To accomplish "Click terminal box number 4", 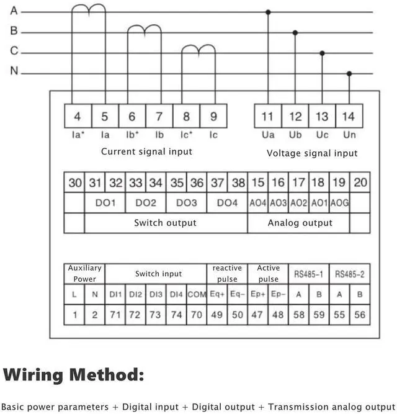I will (78, 116).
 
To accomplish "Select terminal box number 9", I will (213, 116).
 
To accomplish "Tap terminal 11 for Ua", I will (268, 116).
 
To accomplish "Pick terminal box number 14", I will (349, 116).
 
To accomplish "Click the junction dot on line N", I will (349, 73).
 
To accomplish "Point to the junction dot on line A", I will (268, 12).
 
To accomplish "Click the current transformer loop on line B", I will (144, 29).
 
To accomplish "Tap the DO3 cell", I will (187, 203).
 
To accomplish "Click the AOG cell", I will (339, 203).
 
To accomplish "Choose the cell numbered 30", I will (75, 182).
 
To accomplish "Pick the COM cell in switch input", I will (197, 294).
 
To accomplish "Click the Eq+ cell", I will (217, 294).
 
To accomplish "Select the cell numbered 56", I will (360, 315).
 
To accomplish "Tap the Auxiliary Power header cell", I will (85, 273).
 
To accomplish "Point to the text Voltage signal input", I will (312, 153).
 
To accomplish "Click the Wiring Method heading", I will (74, 375).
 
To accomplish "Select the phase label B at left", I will (14, 31).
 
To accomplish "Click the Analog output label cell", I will (300, 223).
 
